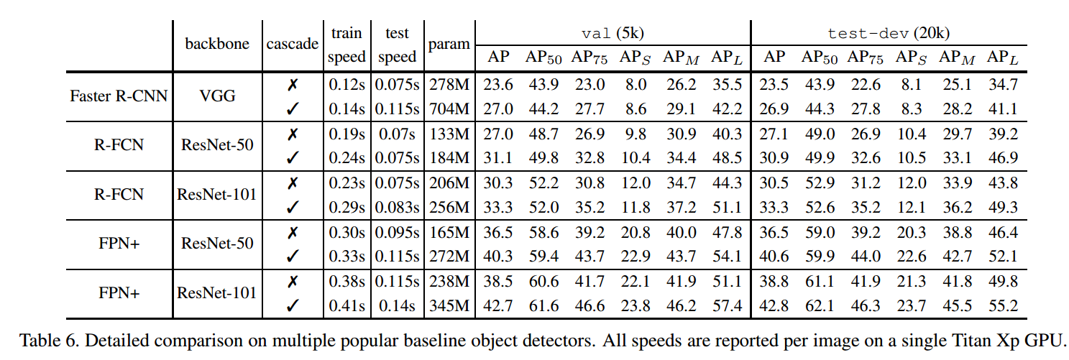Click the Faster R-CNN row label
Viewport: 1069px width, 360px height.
click(x=119, y=96)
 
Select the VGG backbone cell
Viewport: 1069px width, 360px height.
click(x=217, y=96)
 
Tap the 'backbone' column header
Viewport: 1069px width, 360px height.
click(x=217, y=44)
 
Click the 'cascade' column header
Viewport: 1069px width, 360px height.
click(x=293, y=44)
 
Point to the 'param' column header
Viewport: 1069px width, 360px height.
click(x=449, y=44)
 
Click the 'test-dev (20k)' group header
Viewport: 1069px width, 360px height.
click(x=890, y=33)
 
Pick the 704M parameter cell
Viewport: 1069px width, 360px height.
click(x=449, y=109)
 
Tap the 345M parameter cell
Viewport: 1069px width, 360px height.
click(x=449, y=305)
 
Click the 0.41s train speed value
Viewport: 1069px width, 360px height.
click(x=347, y=305)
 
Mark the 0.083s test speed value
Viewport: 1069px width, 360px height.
click(x=396, y=208)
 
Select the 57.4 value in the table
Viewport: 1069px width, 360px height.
click(x=726, y=305)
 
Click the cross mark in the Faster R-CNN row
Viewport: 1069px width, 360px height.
click(x=292, y=85)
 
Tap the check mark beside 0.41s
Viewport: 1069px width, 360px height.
click(x=292, y=305)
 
